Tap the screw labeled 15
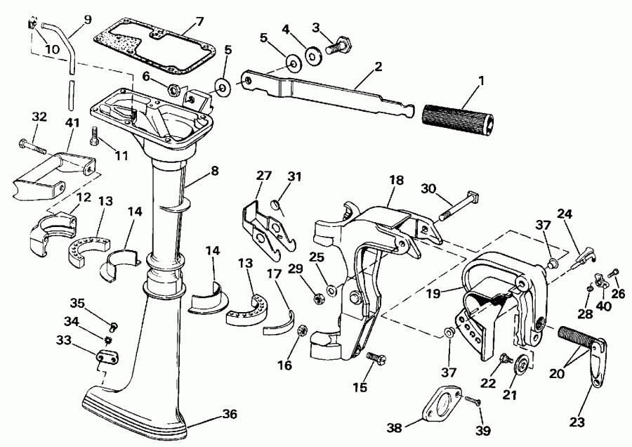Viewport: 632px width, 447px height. (374, 358)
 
